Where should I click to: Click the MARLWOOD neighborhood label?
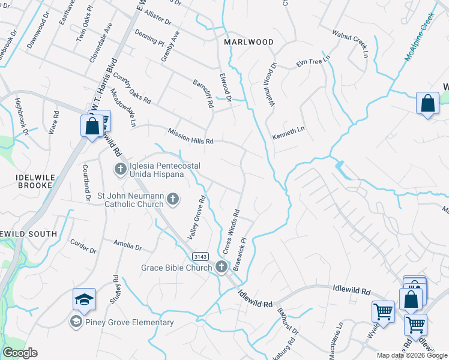(249, 42)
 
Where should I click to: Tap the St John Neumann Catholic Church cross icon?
(173, 199)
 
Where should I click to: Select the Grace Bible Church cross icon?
(221, 267)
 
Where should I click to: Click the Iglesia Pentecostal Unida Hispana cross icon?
(119, 169)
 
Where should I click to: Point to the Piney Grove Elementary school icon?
(76, 322)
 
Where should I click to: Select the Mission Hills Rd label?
(191, 137)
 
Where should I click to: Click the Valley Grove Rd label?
(197, 218)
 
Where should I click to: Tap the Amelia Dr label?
(127, 245)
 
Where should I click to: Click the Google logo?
(20, 353)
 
